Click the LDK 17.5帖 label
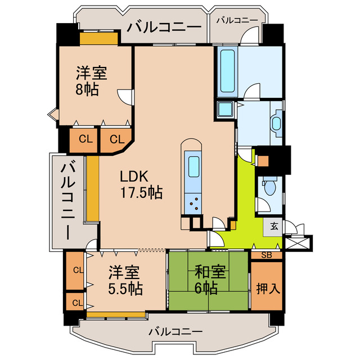141,184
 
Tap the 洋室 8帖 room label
91,81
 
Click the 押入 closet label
267,289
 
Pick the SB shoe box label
267,255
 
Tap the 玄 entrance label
274,227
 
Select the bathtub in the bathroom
227,71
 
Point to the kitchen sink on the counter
193,166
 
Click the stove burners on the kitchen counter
194,204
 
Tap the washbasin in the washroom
276,122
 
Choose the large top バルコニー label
164,26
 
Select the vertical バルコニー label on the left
69,200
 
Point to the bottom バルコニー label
175,332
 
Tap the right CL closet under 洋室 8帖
116,139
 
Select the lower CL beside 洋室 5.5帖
75,303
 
